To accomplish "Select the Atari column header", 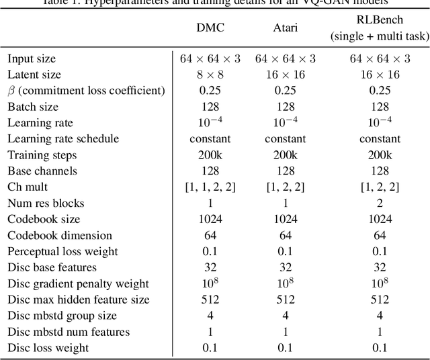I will (286, 28).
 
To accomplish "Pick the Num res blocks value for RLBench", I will (380, 204).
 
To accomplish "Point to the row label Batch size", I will (33, 107).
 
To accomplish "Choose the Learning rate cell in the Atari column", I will (286, 123).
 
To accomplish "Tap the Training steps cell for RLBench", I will (380, 155).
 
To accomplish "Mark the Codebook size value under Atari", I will (286, 220).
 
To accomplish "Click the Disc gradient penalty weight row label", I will (79, 284).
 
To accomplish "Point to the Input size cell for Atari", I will (286, 58).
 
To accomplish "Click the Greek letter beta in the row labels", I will (11, 91).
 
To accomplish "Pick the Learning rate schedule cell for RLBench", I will (380, 139).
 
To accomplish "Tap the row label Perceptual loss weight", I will (62, 252).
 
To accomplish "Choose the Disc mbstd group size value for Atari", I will (286, 316).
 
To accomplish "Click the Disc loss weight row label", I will (48, 349).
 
